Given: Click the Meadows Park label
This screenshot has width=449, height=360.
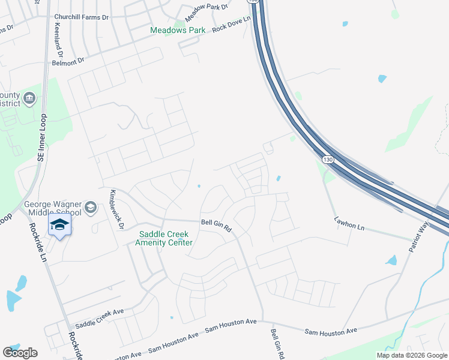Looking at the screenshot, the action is tap(178, 30).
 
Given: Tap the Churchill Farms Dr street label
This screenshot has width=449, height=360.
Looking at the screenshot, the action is tap(82, 17).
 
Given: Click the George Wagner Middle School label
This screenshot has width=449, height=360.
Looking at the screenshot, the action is tap(53, 208).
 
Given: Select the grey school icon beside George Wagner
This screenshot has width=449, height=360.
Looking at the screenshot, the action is tap(91, 208).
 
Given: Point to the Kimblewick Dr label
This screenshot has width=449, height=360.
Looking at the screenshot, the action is tap(114, 208).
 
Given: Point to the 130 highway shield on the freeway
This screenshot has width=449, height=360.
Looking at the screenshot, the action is tap(327, 160).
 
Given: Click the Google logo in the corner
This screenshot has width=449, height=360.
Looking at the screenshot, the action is tap(20, 352).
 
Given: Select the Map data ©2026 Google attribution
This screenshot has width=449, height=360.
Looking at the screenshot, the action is tap(412, 355).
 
